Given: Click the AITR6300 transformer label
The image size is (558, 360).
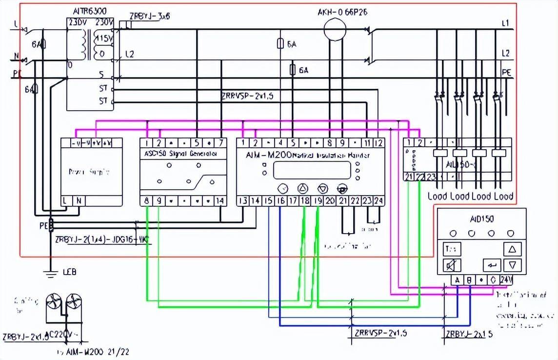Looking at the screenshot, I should pos(90,10).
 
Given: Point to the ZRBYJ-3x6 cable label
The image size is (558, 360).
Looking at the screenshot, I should pos(149,16).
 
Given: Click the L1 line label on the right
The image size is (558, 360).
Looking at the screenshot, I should pos(505,23).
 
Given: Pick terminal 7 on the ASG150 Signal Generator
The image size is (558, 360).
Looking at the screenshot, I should pos(221,143).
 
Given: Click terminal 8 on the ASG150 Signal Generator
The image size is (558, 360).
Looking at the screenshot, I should pos(147,200).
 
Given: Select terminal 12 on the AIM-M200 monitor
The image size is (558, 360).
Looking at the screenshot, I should pos(379,143).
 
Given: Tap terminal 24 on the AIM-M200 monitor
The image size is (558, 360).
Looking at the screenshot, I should pos(379,200).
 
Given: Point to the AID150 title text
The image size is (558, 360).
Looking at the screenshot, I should pos(481,219).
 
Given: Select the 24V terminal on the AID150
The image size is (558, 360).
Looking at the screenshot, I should pos(518,280).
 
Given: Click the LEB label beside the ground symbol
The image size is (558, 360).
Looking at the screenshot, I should pos(69,272).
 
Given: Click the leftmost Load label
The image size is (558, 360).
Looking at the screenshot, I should pos(437,197).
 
